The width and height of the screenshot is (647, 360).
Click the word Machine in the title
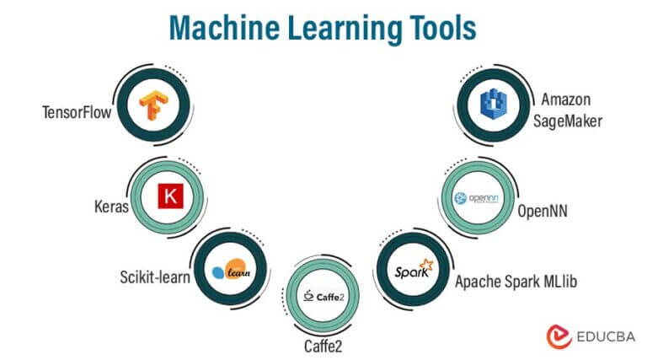click(x=224, y=28)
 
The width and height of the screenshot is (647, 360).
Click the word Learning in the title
click(x=345, y=29)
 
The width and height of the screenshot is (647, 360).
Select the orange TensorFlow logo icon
click(x=153, y=105)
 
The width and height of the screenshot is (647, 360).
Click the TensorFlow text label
click(x=77, y=112)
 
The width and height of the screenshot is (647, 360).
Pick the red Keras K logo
click(x=170, y=196)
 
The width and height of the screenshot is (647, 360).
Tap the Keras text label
click(x=111, y=206)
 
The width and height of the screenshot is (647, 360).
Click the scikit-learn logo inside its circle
click(x=231, y=270)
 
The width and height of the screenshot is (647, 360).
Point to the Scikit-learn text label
click(x=155, y=277)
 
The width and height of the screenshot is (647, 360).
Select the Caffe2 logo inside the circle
click(x=323, y=296)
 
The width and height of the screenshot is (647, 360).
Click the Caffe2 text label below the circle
click(x=323, y=346)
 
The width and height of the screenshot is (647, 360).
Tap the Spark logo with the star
click(x=414, y=269)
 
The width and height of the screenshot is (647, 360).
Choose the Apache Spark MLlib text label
click(x=516, y=281)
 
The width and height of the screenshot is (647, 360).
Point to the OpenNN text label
click(x=543, y=211)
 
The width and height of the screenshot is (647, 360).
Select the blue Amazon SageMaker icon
click(x=494, y=105)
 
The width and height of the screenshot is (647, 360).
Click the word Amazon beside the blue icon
click(x=566, y=99)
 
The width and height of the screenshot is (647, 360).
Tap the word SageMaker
click(x=567, y=121)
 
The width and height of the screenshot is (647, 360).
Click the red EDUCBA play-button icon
click(x=559, y=336)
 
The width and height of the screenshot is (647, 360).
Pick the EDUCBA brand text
click(x=606, y=337)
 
